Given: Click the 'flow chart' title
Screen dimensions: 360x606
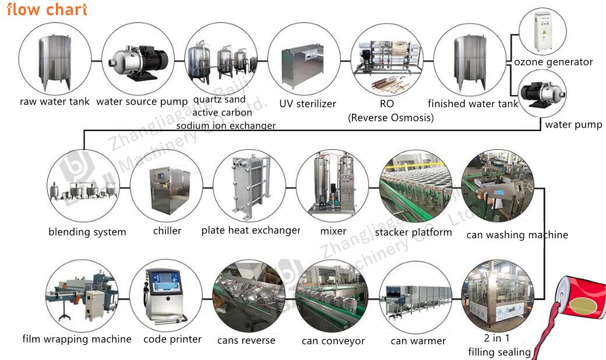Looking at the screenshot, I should tap(47, 10).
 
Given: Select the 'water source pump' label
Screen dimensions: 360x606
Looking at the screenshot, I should tap(142, 102).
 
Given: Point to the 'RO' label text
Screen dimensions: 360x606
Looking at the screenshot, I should tap(386, 104).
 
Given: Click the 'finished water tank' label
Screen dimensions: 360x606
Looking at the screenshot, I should tap(473, 104).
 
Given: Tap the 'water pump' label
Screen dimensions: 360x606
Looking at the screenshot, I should tap(573, 125).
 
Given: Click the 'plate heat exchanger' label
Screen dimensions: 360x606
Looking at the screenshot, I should tap(251, 231).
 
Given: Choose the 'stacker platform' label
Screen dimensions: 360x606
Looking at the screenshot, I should tap(413, 232).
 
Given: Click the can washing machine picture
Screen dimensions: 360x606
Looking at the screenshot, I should tap(497, 185).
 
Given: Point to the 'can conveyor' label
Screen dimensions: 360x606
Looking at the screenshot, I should tap(333, 341).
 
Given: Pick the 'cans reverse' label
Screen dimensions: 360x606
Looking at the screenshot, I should tap(246, 340).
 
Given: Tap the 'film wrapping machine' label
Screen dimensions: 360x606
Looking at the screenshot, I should tap(77, 339).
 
